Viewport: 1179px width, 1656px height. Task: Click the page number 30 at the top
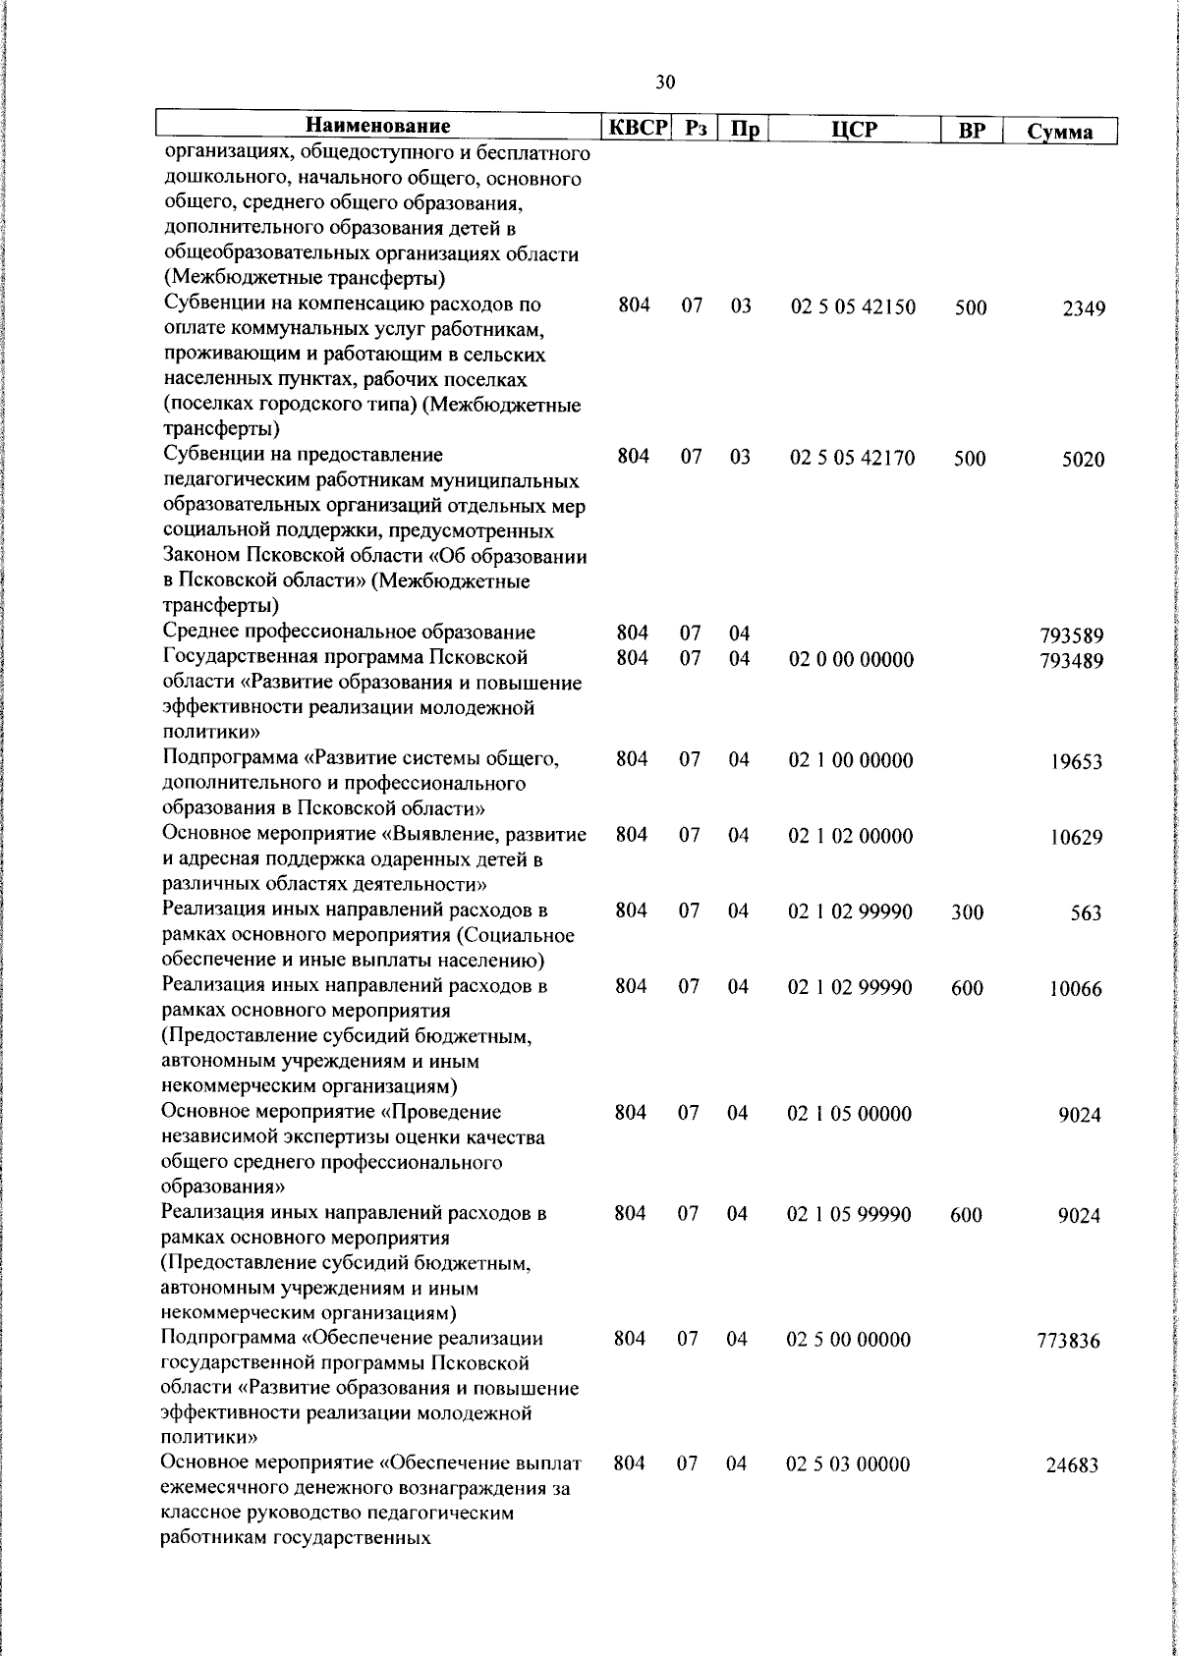(665, 83)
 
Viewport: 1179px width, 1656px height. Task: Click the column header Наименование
(378, 127)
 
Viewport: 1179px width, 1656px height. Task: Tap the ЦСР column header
(853, 130)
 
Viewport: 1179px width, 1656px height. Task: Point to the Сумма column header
(1060, 132)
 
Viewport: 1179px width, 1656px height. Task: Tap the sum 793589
(1071, 636)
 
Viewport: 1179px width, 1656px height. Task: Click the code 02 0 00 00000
(851, 660)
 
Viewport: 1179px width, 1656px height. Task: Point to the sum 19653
(1075, 762)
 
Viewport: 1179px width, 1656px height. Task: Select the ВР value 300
(967, 912)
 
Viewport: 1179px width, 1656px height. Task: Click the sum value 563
(1087, 913)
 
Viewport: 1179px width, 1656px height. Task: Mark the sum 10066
(1075, 989)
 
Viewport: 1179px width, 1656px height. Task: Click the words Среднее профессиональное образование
(349, 632)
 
